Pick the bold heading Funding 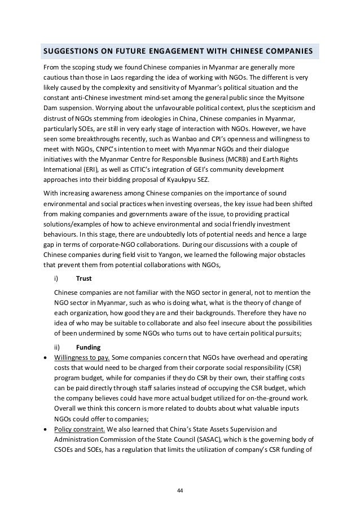(88, 332)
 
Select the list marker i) (56, 278)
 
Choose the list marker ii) (57, 332)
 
